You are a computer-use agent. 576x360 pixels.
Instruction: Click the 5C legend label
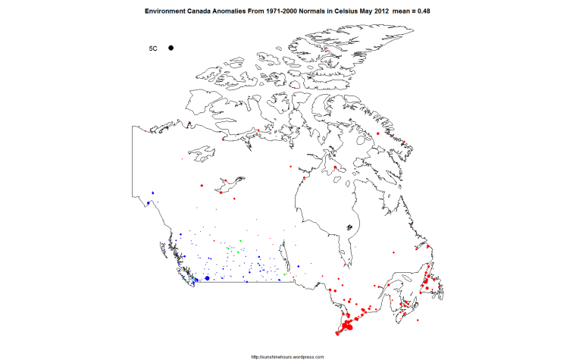point(153,48)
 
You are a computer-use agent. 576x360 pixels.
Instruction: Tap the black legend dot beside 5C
point(171,48)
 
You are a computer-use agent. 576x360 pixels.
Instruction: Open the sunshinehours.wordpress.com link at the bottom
point(287,356)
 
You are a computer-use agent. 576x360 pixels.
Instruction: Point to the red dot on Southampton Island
point(335,167)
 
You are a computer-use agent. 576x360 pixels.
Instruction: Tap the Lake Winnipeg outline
point(282,250)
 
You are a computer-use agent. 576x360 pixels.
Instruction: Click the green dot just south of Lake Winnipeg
point(285,274)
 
